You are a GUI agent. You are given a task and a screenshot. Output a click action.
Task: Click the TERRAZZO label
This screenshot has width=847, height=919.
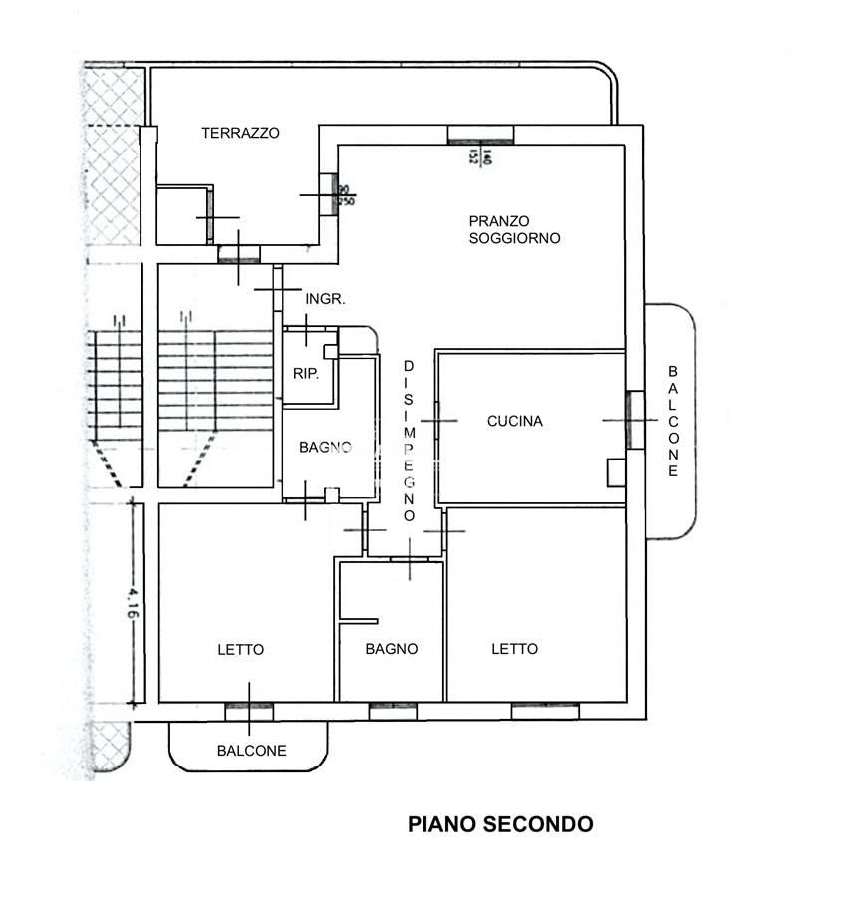coord(240,132)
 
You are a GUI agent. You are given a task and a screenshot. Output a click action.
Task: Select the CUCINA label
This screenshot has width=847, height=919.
coord(515,421)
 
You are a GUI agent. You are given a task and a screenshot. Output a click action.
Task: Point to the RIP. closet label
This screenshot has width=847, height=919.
coord(304,375)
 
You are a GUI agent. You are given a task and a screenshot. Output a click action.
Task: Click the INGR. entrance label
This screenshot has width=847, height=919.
coord(325,299)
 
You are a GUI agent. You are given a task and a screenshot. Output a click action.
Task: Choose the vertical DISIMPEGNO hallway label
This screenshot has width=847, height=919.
coord(409,441)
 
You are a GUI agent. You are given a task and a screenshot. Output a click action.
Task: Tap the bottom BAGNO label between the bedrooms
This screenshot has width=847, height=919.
coord(392,649)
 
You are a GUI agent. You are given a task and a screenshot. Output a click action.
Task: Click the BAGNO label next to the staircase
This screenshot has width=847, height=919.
coord(325,448)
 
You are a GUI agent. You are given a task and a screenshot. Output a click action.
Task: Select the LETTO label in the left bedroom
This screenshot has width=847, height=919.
coord(241,649)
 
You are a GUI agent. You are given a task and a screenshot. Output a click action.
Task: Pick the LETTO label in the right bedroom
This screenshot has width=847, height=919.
coord(514,649)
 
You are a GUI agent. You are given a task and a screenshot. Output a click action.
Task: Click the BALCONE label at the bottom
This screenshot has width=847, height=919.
coord(251,751)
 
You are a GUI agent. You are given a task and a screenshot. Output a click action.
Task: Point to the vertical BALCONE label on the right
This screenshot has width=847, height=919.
coord(674,420)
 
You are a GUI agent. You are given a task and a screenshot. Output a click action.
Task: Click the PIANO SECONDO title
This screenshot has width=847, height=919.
coord(500,824)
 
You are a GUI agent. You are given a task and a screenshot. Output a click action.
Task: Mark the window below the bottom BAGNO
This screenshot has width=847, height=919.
coord(392,711)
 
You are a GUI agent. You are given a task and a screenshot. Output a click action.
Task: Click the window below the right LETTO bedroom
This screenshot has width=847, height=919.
coord(545,711)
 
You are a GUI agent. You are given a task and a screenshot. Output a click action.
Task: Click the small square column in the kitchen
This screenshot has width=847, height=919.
coord(616,471)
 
